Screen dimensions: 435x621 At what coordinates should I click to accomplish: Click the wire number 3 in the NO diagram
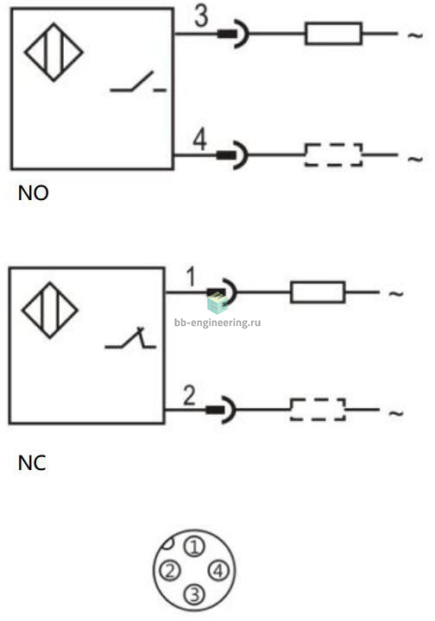(x=201, y=16)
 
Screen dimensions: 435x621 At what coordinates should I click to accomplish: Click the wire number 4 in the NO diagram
(x=199, y=140)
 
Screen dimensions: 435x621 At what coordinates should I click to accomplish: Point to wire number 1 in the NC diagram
(x=191, y=277)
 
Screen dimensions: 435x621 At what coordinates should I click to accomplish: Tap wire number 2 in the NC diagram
(x=189, y=395)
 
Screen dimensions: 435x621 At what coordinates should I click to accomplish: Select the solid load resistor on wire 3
(x=333, y=34)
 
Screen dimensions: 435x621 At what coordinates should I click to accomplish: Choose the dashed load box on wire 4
(x=333, y=154)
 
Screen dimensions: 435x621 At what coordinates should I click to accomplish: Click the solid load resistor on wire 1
(x=318, y=292)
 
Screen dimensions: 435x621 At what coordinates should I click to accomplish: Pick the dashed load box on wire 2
(x=318, y=409)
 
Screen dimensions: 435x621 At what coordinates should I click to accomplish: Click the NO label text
(x=34, y=193)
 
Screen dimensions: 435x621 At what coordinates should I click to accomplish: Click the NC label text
(x=32, y=462)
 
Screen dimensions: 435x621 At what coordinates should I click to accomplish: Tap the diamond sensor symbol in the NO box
(x=54, y=53)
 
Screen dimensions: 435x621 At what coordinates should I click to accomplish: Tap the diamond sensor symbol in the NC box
(x=50, y=310)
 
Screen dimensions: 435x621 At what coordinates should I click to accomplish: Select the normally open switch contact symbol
(x=138, y=83)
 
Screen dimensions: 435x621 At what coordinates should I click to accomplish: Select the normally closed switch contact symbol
(x=130, y=339)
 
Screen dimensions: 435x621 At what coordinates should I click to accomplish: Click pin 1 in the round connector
(x=194, y=547)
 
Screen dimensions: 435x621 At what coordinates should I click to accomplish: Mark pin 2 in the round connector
(x=170, y=571)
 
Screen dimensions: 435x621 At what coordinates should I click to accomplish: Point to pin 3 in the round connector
(x=194, y=594)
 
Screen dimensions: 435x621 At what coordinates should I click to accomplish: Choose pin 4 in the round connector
(x=218, y=571)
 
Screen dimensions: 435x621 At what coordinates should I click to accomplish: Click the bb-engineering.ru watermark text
(x=217, y=323)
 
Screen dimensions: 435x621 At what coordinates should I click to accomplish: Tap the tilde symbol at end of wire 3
(x=416, y=35)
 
